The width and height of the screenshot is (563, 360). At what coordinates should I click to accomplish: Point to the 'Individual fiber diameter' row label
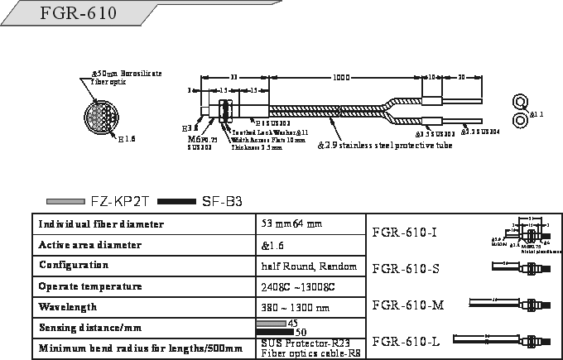[101, 224]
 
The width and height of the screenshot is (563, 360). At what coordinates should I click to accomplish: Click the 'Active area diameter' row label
[90, 245]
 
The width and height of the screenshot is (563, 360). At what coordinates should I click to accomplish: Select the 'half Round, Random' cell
[309, 266]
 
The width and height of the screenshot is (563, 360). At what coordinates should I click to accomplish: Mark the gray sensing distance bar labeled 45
[271, 323]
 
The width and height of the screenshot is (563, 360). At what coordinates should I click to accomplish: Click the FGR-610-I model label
[405, 232]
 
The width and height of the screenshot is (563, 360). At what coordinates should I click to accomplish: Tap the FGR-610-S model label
[406, 268]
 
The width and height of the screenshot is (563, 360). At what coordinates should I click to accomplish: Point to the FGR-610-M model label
[408, 305]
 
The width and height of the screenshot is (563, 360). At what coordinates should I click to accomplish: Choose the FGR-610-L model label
[406, 341]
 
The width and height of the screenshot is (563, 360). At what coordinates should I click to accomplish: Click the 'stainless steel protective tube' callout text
[386, 146]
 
